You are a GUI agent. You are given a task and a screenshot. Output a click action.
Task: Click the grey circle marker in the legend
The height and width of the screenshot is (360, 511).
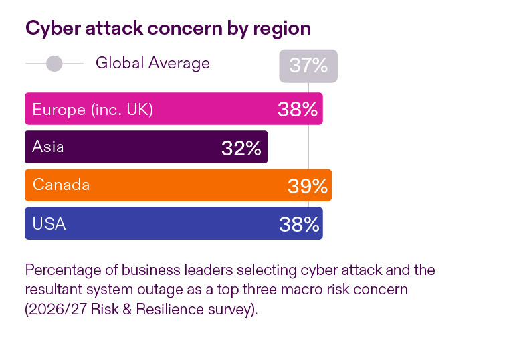coord(54,64)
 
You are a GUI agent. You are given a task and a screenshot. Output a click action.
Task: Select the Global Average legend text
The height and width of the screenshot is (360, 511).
coord(152,63)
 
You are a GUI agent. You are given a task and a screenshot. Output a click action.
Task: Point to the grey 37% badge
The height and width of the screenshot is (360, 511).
coord(308,66)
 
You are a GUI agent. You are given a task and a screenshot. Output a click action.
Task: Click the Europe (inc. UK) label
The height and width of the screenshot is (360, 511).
coord(93,109)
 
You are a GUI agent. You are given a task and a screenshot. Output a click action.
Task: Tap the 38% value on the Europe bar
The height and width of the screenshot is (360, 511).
coord(298,110)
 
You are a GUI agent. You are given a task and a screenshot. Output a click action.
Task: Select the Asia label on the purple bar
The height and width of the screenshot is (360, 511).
coord(48,147)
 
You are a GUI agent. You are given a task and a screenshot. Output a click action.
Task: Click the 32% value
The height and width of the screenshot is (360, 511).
coord(241,148)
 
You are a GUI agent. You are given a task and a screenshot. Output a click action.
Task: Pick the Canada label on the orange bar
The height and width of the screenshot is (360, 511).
coord(61,185)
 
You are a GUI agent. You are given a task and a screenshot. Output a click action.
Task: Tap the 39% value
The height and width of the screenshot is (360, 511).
coord(308,186)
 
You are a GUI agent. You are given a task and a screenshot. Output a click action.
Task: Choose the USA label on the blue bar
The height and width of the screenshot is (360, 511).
coord(49,223)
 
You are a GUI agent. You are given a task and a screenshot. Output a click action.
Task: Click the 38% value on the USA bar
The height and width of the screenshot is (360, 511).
coord(299,224)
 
